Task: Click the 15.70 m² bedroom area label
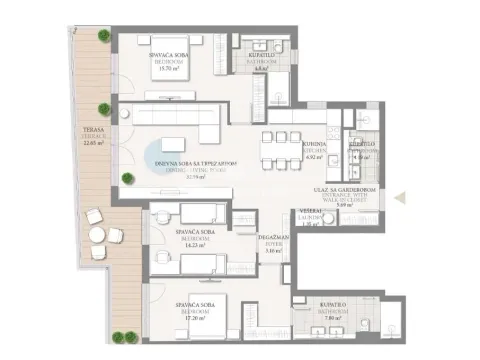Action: (168, 68)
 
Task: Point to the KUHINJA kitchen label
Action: (317, 144)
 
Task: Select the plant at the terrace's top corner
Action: (104, 35)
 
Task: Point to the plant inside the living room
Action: (126, 178)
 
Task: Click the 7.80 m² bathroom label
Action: (335, 303)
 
